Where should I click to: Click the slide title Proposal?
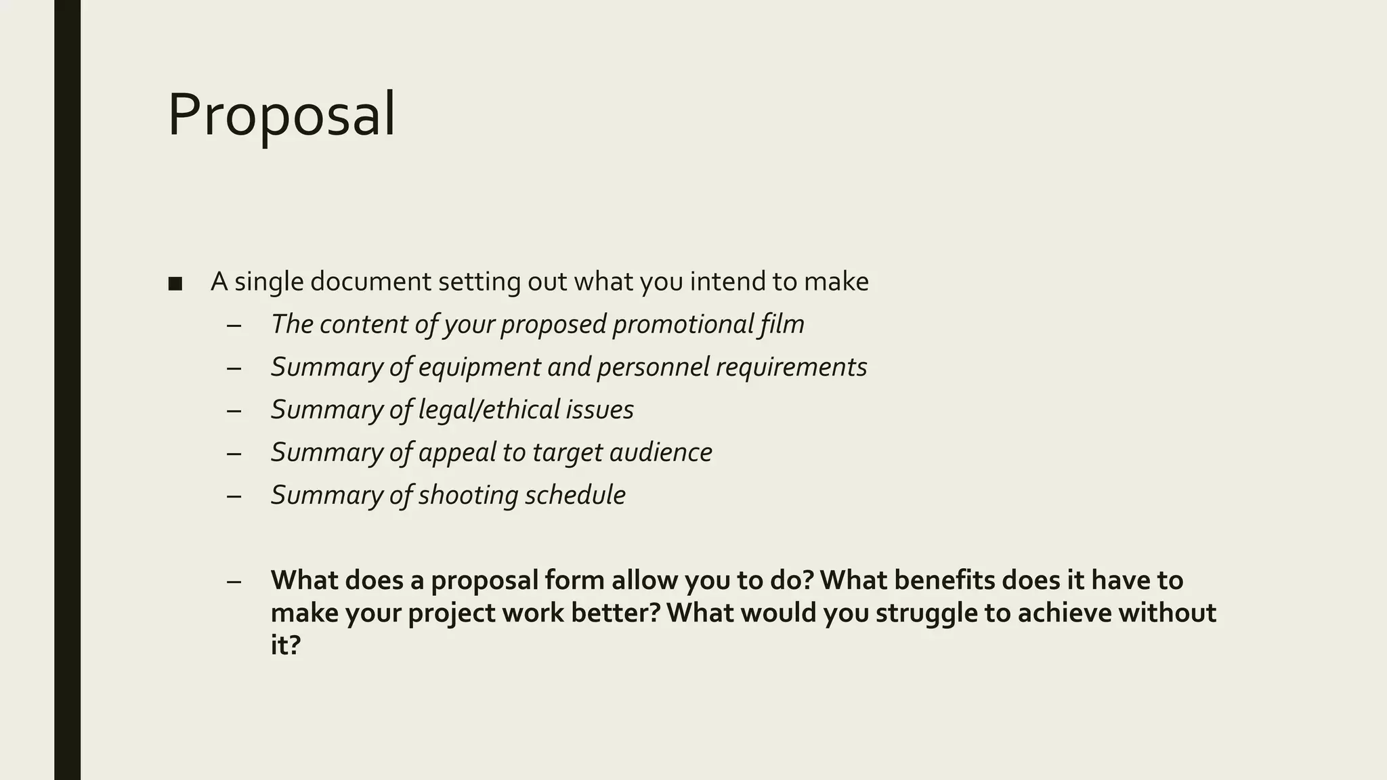(x=281, y=115)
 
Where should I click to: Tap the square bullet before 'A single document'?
(x=175, y=284)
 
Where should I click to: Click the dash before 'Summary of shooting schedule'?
(x=234, y=496)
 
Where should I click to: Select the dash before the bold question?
(x=234, y=581)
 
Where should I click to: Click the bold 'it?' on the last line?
(x=285, y=645)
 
